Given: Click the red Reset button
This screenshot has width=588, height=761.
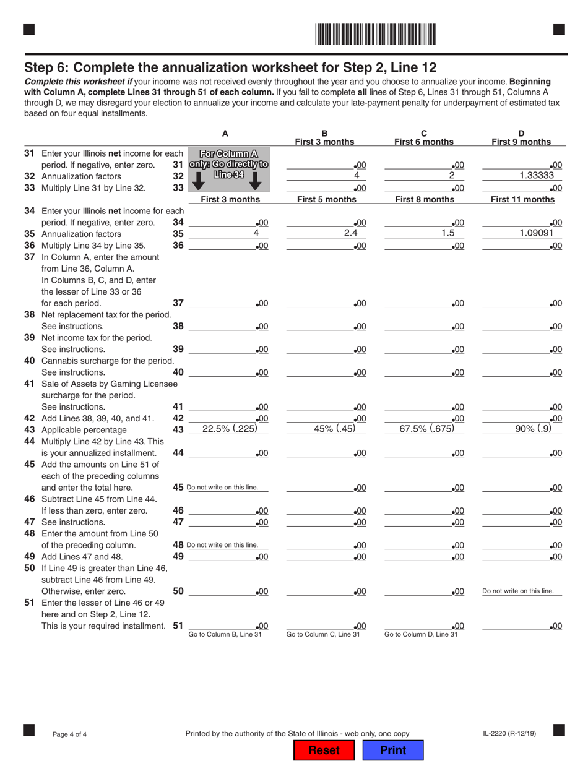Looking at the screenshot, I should pos(324,750).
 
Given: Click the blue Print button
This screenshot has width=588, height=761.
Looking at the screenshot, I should pos(392,750).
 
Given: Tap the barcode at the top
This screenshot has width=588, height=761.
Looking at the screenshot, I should pos(376,33).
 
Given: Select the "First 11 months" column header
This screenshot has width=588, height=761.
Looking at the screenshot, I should pos(522,199).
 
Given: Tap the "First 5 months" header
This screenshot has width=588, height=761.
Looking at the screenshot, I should pos(326,199).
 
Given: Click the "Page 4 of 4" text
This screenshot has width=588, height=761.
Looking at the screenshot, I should pos(69,734).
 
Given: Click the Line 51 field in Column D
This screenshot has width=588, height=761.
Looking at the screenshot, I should pos(521,626).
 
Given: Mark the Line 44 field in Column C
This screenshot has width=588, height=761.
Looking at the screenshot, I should pos(424,453).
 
